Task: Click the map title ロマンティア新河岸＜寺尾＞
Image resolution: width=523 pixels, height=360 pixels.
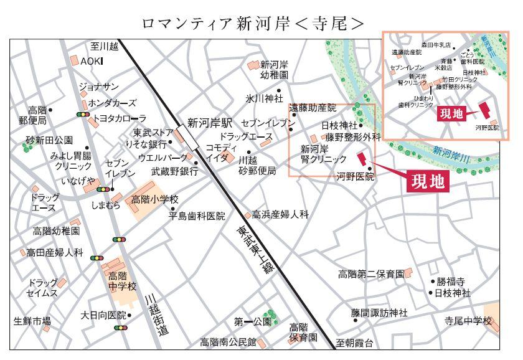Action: point(252,23)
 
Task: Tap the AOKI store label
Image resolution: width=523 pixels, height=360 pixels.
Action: point(92,60)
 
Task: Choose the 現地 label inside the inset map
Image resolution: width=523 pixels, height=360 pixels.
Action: point(451,113)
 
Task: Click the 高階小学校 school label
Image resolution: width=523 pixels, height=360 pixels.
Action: point(154,199)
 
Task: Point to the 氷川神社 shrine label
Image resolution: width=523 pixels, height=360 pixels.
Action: point(263,98)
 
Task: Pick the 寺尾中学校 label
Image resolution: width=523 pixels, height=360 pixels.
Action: point(468,321)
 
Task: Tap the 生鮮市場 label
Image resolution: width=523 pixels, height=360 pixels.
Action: point(32,321)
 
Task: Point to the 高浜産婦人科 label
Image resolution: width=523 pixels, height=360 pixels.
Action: point(280,214)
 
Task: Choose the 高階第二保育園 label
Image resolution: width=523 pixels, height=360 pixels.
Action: point(371,274)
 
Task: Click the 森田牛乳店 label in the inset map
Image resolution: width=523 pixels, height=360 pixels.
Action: point(436,45)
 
